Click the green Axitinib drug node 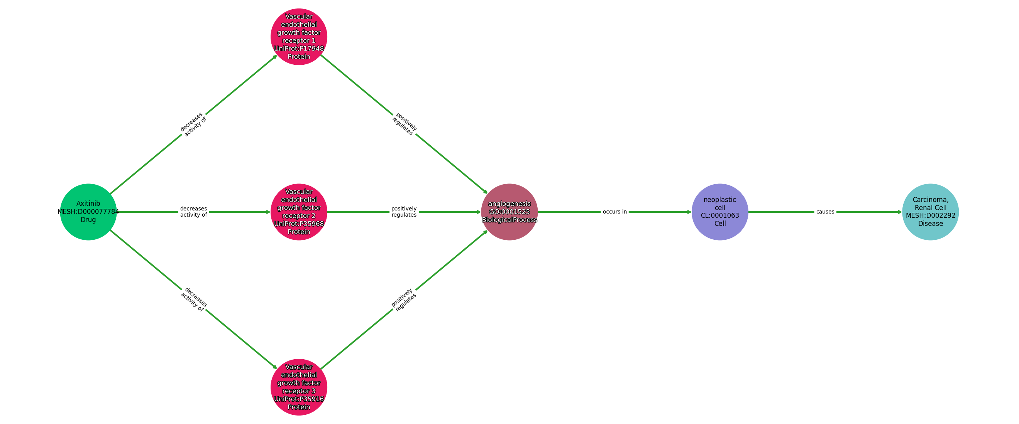click(x=88, y=212)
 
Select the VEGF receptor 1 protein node click(x=299, y=37)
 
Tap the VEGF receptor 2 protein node click(x=299, y=212)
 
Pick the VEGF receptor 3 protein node click(x=299, y=387)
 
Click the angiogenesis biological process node click(x=509, y=212)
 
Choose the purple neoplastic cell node click(x=719, y=212)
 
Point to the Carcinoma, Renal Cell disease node click(x=930, y=212)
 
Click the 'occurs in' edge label click(x=614, y=212)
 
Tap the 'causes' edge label click(x=825, y=212)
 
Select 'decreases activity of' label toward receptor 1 click(x=193, y=125)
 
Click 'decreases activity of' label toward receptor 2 click(x=193, y=212)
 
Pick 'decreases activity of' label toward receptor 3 click(x=193, y=299)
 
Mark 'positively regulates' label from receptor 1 click(x=404, y=125)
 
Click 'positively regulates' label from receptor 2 click(x=404, y=212)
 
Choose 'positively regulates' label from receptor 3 click(x=404, y=299)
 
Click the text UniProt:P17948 click(x=299, y=49)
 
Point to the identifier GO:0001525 click(x=509, y=212)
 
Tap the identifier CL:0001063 click(x=719, y=216)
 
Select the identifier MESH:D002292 click(x=930, y=216)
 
